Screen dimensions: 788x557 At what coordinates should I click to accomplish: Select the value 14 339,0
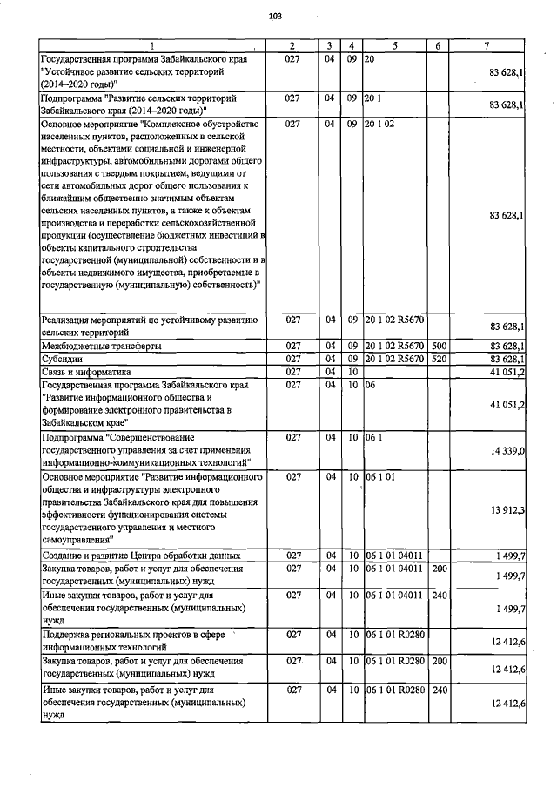click(508, 451)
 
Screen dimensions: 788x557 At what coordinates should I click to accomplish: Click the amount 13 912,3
click(508, 509)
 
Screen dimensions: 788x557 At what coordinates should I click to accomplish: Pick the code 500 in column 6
click(439, 347)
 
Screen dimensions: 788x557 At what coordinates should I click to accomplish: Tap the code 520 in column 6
click(439, 359)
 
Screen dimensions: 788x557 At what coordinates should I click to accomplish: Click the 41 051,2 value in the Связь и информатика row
click(508, 371)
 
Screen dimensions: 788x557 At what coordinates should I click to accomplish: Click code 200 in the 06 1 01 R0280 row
click(439, 663)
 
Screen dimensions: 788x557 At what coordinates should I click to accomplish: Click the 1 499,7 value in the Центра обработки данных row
click(508, 556)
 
